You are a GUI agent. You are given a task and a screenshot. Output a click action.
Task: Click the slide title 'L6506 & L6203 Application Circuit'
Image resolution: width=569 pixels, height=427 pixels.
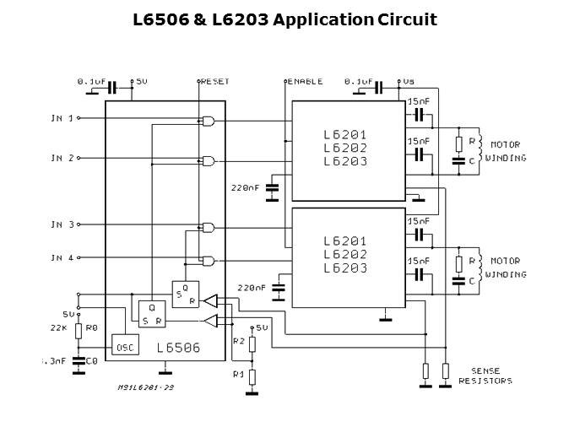[x=284, y=19]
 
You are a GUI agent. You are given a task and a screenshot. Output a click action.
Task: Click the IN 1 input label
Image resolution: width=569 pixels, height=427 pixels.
[x=62, y=118]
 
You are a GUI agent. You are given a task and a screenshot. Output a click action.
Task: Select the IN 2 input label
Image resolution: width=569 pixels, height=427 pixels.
[x=62, y=158]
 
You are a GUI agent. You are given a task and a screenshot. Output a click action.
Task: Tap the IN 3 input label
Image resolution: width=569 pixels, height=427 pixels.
[x=62, y=224]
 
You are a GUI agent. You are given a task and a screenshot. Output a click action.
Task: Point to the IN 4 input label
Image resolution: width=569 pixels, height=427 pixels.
[x=62, y=257]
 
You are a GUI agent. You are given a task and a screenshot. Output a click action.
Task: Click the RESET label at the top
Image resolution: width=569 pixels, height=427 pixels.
[x=215, y=82]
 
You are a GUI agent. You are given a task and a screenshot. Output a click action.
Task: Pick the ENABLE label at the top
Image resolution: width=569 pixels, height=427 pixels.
[x=306, y=82]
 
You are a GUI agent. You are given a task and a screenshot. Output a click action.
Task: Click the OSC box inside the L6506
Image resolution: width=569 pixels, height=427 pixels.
[x=124, y=346]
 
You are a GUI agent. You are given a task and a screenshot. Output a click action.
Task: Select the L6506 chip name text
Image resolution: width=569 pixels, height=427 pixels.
[x=178, y=346]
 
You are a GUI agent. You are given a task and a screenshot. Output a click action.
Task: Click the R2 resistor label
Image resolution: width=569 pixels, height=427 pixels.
[x=238, y=341]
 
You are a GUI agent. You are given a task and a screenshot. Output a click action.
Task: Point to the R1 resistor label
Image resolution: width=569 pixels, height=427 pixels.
[x=238, y=373]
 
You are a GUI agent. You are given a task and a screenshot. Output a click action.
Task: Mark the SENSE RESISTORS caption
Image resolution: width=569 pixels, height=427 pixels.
[x=485, y=376]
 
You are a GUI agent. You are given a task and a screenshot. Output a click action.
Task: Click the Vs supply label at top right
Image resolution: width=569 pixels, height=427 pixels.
[x=409, y=82]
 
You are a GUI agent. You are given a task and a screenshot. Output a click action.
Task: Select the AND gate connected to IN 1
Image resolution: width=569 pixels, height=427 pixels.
[x=208, y=121]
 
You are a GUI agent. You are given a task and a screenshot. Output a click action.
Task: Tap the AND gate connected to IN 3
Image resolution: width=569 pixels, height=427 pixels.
[x=208, y=227]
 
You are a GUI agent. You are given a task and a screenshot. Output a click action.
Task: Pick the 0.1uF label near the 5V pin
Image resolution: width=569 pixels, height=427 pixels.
[x=91, y=82]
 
